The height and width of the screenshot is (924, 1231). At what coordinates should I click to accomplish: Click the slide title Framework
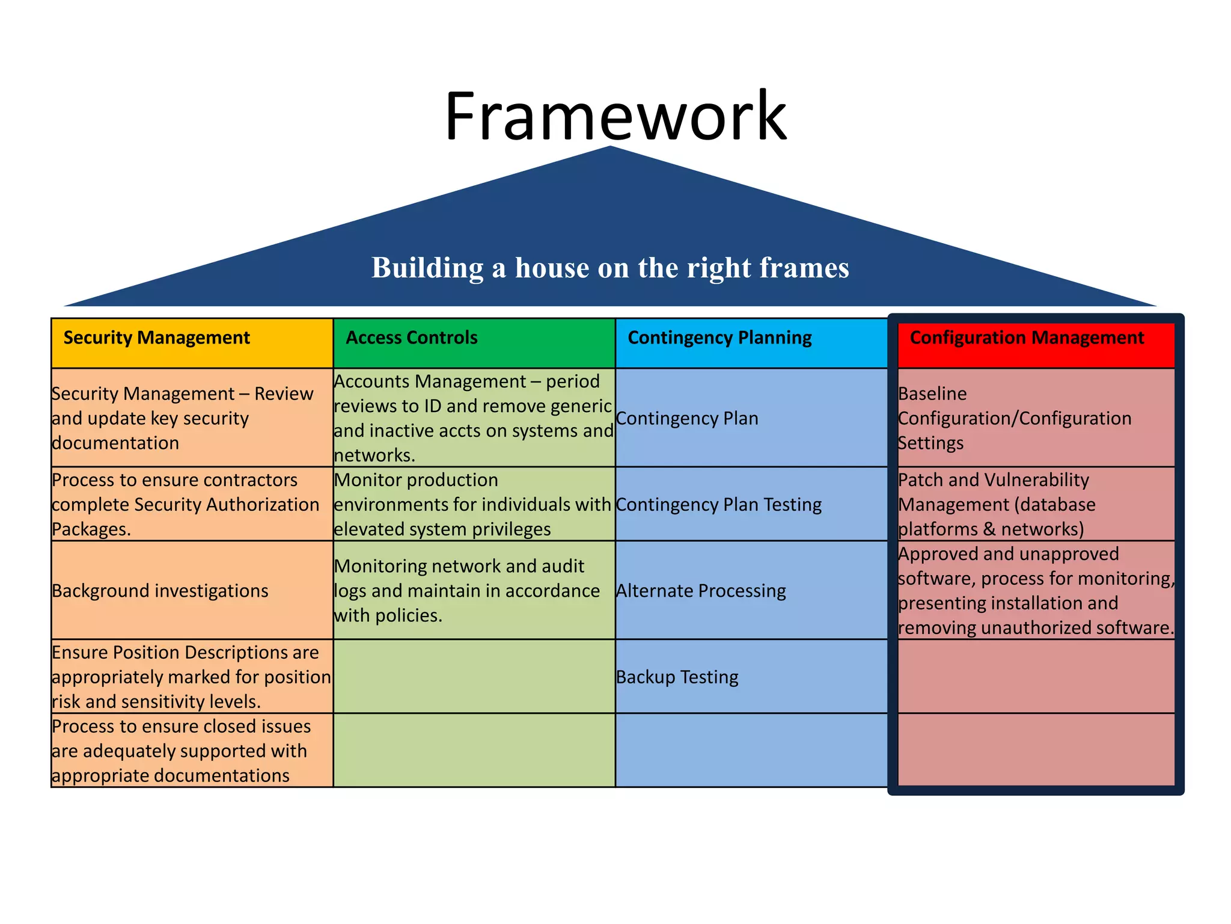point(615,115)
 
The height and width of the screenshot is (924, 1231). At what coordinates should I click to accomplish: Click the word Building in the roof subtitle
point(427,268)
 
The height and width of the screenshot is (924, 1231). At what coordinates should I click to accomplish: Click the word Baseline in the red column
point(932,393)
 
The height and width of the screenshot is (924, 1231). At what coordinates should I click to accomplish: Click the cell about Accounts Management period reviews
point(474,418)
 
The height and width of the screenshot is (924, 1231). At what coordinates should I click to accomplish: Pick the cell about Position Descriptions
point(191,677)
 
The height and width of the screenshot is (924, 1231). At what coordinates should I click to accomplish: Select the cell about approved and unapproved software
point(1035,591)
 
